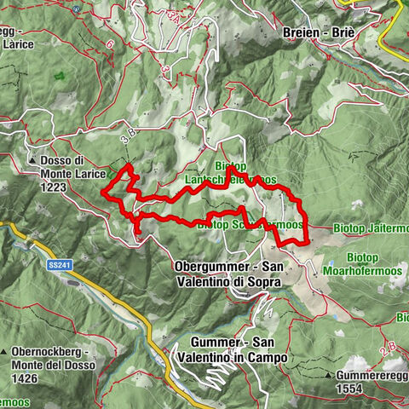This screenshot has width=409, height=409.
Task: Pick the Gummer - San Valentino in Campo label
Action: (x=233, y=349)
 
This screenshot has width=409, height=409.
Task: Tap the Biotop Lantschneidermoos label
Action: (x=230, y=174)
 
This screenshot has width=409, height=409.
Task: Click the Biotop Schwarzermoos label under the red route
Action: (x=251, y=226)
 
